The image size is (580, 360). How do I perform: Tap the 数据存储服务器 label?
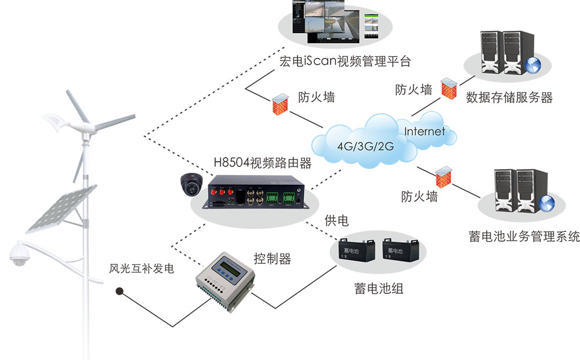509,97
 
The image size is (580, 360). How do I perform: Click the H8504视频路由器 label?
263,163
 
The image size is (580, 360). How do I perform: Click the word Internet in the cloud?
425,131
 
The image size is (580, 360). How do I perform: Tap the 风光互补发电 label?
142,270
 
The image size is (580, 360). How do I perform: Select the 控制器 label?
272,258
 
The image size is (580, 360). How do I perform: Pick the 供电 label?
336,221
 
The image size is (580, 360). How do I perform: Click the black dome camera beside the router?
190,184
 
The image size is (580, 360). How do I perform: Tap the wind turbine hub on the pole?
85,125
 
